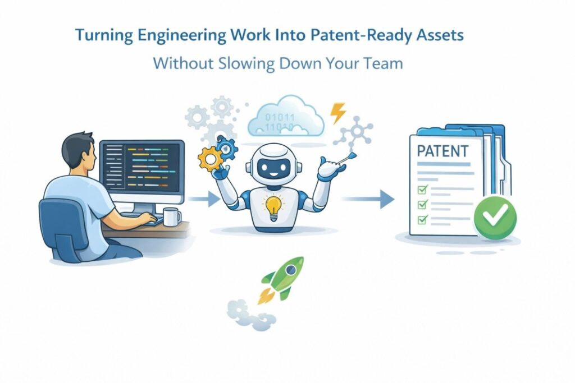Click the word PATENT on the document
[442, 151]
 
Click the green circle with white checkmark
[495, 218]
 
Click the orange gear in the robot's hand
[210, 158]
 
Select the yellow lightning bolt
[337, 113]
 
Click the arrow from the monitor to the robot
[203, 199]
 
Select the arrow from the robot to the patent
[368, 199]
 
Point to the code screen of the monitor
[142, 167]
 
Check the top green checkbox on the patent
[423, 190]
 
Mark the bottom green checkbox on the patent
[423, 219]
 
